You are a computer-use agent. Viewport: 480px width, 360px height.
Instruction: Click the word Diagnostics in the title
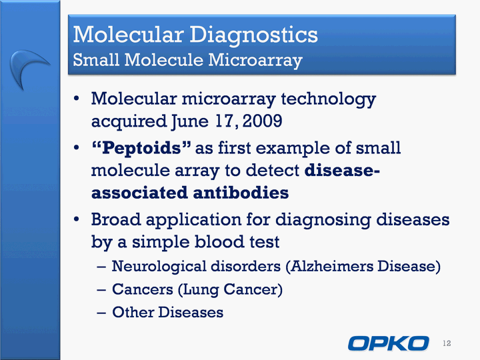[253, 35]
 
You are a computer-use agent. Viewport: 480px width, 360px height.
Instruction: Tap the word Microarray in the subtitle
[255, 60]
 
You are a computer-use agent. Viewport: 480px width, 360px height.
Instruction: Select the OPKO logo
[389, 343]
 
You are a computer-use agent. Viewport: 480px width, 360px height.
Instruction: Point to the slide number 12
[447, 343]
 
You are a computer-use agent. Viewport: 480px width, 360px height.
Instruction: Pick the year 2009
[263, 121]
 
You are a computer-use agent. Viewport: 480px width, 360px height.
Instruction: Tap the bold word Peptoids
[141, 148]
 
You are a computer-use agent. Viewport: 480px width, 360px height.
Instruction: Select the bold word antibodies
[241, 193]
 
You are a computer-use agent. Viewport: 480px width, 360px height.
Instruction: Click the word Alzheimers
[331, 266]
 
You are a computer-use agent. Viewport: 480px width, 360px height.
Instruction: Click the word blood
[219, 241]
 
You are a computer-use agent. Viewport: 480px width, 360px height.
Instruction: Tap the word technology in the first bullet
[329, 99]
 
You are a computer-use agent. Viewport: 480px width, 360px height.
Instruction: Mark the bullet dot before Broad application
[76, 219]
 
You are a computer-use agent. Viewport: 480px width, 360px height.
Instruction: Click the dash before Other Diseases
[101, 313]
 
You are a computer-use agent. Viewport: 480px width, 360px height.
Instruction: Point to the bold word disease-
[342, 170]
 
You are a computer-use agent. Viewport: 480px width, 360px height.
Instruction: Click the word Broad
[116, 219]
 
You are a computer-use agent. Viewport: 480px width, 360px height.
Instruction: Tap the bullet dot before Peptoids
[76, 148]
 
